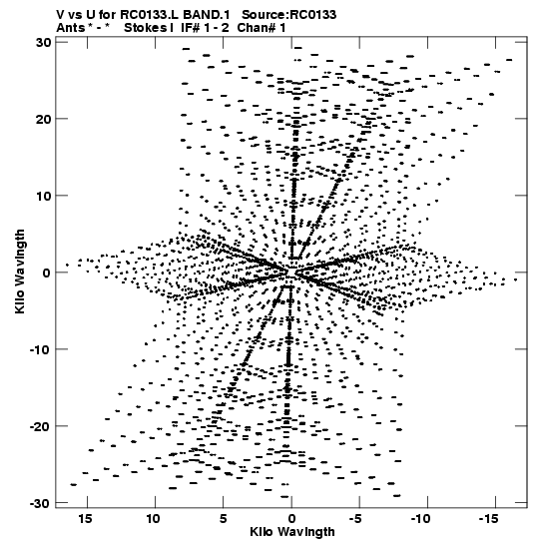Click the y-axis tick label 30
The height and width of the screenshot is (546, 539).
[x=44, y=43]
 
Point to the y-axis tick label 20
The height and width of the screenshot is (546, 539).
[x=44, y=119]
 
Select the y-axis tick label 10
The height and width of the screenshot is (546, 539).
[x=44, y=196]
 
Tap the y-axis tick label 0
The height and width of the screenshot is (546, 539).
[x=47, y=273]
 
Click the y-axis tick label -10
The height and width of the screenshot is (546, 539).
[x=41, y=349]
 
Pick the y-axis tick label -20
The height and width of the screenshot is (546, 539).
[x=41, y=426]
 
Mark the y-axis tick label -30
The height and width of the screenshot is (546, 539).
[x=41, y=503]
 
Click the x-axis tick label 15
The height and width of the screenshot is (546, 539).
[x=85, y=519]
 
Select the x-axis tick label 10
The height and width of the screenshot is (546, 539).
[x=153, y=519]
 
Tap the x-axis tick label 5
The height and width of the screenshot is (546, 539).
[x=224, y=519]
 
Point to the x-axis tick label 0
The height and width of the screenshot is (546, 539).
[x=291, y=519]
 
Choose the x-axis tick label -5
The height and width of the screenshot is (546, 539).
[x=357, y=519]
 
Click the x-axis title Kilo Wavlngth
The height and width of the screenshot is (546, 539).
[x=292, y=532]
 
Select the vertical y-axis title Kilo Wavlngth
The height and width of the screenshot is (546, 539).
[x=20, y=272]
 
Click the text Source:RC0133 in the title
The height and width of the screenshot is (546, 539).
[x=289, y=15]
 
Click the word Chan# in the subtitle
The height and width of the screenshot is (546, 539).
[x=257, y=28]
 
